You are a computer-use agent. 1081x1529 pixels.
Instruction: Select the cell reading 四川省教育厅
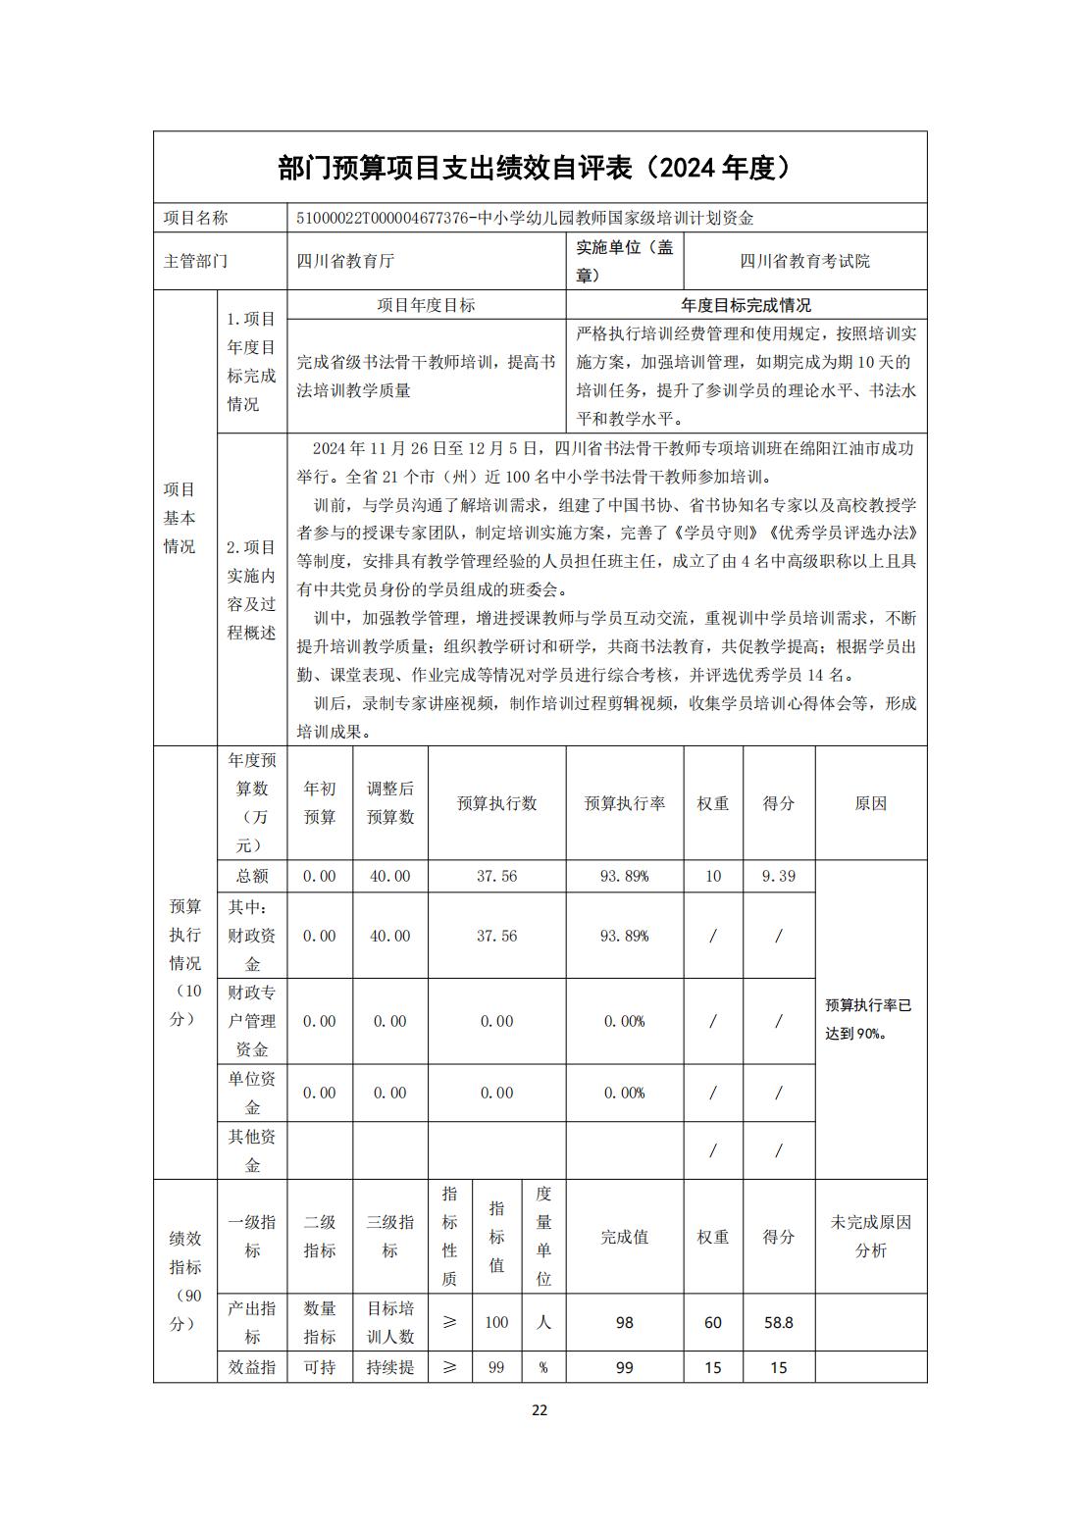pyautogui.click(x=345, y=261)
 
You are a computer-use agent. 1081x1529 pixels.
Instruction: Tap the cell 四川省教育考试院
pyautogui.click(x=804, y=261)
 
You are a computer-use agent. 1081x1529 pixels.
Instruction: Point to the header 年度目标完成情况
pyautogui.click(x=746, y=305)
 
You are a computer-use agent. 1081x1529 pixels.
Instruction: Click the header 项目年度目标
pyautogui.click(x=426, y=305)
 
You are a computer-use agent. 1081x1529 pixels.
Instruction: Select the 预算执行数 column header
pyautogui.click(x=496, y=803)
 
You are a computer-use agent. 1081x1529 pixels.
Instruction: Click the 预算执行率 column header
pyautogui.click(x=624, y=803)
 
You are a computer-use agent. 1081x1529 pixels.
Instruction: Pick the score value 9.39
pyautogui.click(x=778, y=876)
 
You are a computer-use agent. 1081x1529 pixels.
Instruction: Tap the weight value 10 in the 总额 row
pyautogui.click(x=712, y=876)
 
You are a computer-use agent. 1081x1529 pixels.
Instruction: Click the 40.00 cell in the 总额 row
pyautogui.click(x=389, y=876)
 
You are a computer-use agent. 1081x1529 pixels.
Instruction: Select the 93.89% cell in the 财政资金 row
pyautogui.click(x=624, y=936)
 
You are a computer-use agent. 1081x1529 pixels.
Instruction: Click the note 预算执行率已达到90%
pyautogui.click(x=869, y=1019)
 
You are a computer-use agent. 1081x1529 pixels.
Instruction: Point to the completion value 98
pyautogui.click(x=624, y=1322)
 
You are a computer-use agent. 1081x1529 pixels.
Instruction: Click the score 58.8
pyautogui.click(x=778, y=1322)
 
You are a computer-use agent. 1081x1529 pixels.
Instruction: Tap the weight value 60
pyautogui.click(x=712, y=1322)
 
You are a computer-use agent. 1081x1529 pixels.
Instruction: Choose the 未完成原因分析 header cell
pyautogui.click(x=870, y=1236)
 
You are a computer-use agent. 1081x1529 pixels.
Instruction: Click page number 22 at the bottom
pyautogui.click(x=540, y=1410)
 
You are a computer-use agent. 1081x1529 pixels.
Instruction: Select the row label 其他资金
pyautogui.click(x=252, y=1150)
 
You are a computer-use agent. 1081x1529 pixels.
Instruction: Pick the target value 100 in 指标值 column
pyautogui.click(x=496, y=1322)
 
